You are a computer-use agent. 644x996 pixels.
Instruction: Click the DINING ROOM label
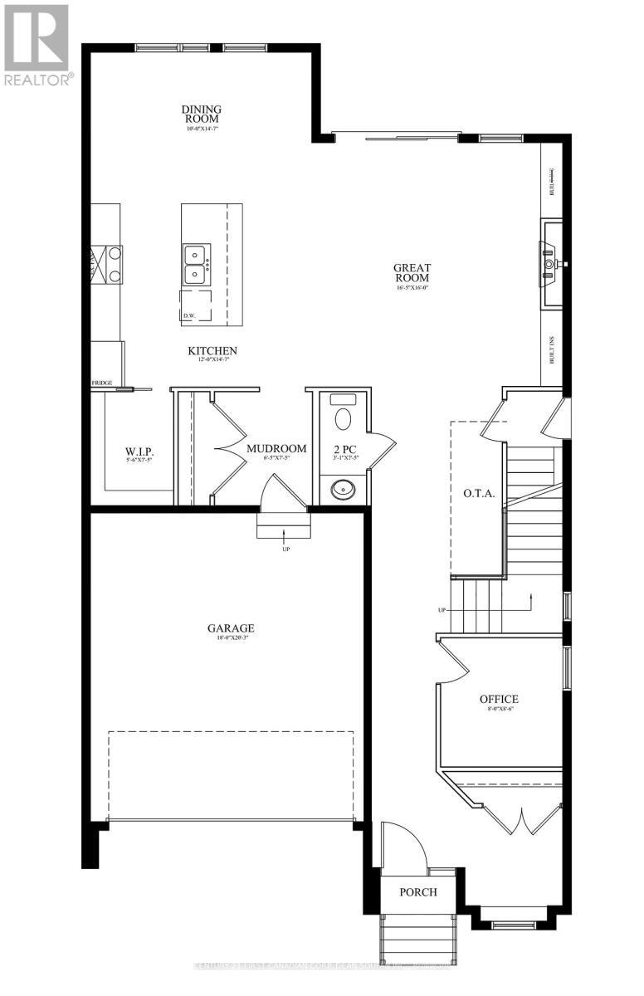click(202, 114)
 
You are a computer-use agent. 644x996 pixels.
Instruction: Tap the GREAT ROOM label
click(412, 273)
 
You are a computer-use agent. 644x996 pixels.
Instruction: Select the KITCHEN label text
click(212, 351)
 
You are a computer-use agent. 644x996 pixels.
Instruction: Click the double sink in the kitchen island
click(197, 263)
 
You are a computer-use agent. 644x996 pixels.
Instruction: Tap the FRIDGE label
click(102, 383)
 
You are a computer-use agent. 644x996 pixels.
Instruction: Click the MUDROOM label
click(276, 449)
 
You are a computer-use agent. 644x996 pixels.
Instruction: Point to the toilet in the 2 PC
click(341, 417)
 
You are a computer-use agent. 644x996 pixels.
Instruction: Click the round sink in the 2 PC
click(342, 489)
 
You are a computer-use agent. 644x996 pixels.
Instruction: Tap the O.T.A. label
click(479, 493)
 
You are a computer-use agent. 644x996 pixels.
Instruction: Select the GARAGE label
click(231, 628)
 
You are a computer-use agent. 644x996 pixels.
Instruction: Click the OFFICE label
click(499, 699)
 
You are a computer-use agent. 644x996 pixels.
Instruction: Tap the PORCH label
click(417, 892)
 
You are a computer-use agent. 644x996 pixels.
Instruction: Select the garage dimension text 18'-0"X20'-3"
click(231, 640)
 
